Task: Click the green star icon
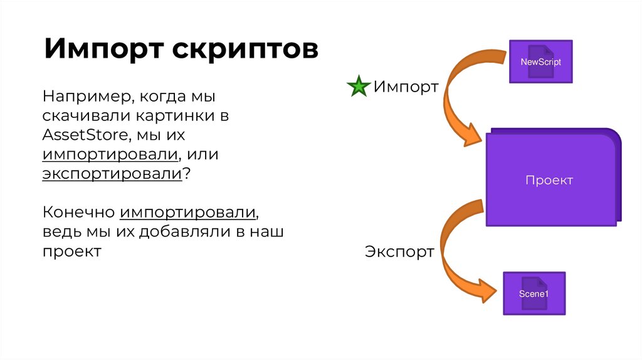click(x=358, y=87)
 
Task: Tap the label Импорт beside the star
click(x=406, y=87)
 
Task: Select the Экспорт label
click(x=399, y=252)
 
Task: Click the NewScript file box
click(x=540, y=62)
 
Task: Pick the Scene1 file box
click(x=534, y=294)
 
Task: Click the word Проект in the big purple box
click(x=549, y=181)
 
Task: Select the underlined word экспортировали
click(x=112, y=174)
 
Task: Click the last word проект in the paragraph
click(x=72, y=251)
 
